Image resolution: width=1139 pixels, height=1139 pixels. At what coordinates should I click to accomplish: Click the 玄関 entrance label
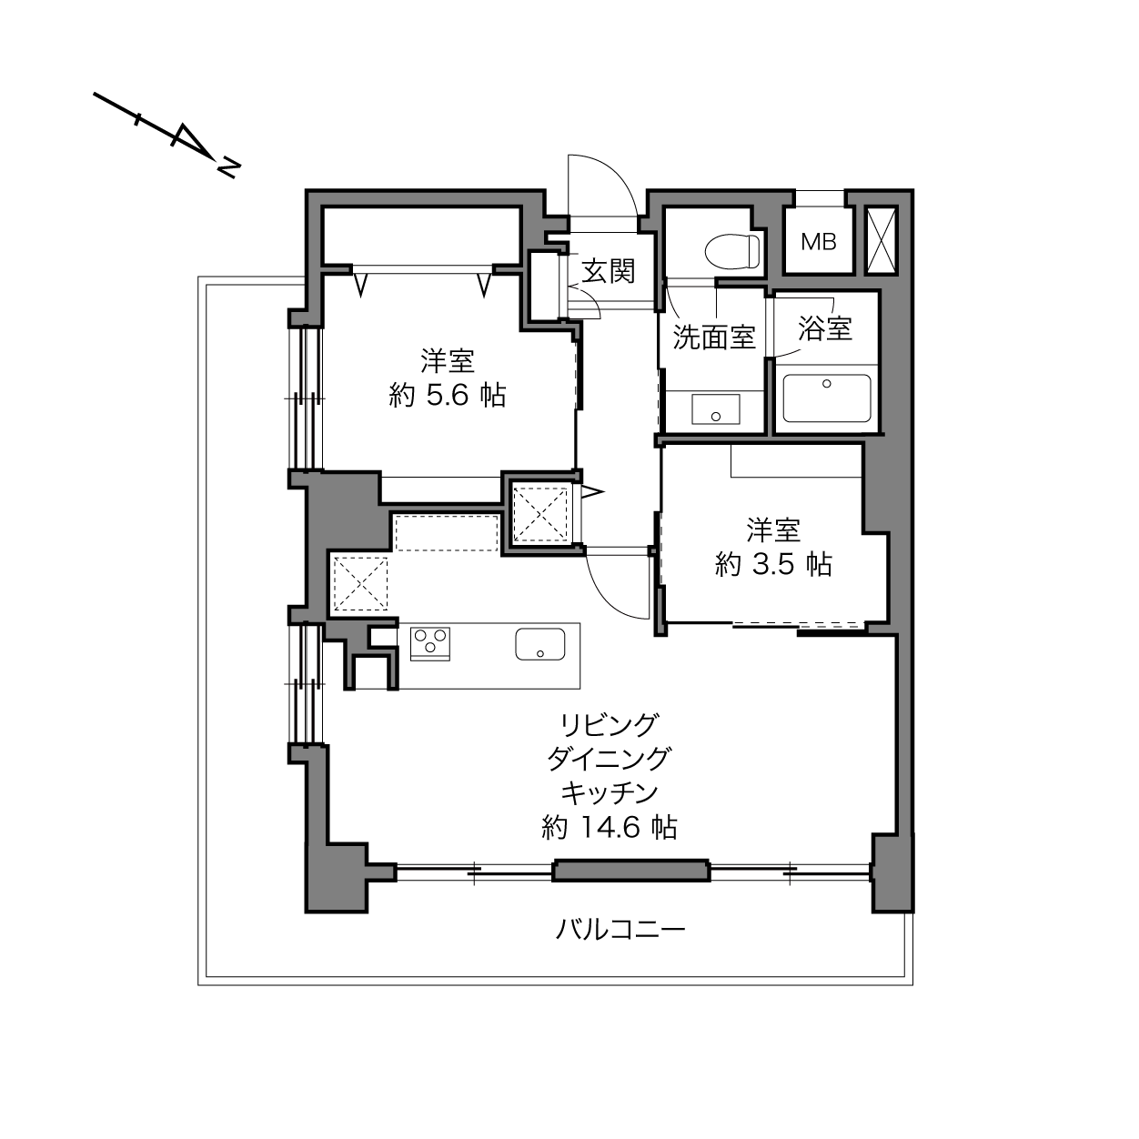click(608, 271)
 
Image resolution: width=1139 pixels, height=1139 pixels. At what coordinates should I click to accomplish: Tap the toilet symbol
click(731, 251)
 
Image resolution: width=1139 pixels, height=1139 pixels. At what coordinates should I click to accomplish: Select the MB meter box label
click(818, 241)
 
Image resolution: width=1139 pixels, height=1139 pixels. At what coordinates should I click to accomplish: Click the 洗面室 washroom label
click(714, 337)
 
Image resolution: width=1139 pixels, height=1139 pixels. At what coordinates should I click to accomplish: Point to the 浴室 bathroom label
click(824, 328)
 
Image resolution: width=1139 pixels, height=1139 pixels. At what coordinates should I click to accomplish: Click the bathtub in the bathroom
click(826, 398)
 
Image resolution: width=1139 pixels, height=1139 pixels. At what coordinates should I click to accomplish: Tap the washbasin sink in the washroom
click(715, 409)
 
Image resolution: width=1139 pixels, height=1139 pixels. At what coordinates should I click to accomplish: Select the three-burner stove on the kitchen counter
click(429, 644)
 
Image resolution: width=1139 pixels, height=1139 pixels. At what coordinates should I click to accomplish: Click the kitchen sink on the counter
click(539, 644)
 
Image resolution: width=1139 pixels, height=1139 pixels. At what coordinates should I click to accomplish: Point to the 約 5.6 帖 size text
click(448, 395)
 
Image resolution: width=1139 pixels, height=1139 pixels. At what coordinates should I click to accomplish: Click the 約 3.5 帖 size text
click(773, 565)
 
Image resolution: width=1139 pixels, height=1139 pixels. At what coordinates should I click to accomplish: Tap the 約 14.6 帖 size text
click(609, 828)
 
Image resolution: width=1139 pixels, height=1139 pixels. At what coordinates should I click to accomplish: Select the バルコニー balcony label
click(620, 930)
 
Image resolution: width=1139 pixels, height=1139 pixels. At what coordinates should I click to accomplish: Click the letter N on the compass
click(228, 167)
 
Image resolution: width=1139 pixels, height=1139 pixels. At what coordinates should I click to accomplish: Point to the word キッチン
click(609, 793)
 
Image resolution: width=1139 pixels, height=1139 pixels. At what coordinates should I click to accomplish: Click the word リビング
click(609, 725)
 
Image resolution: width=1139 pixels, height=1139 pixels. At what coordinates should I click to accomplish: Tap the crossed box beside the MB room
click(882, 240)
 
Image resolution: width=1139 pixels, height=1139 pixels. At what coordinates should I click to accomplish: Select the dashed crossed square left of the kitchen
click(360, 584)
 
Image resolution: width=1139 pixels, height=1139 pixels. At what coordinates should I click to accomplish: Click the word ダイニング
click(609, 759)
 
